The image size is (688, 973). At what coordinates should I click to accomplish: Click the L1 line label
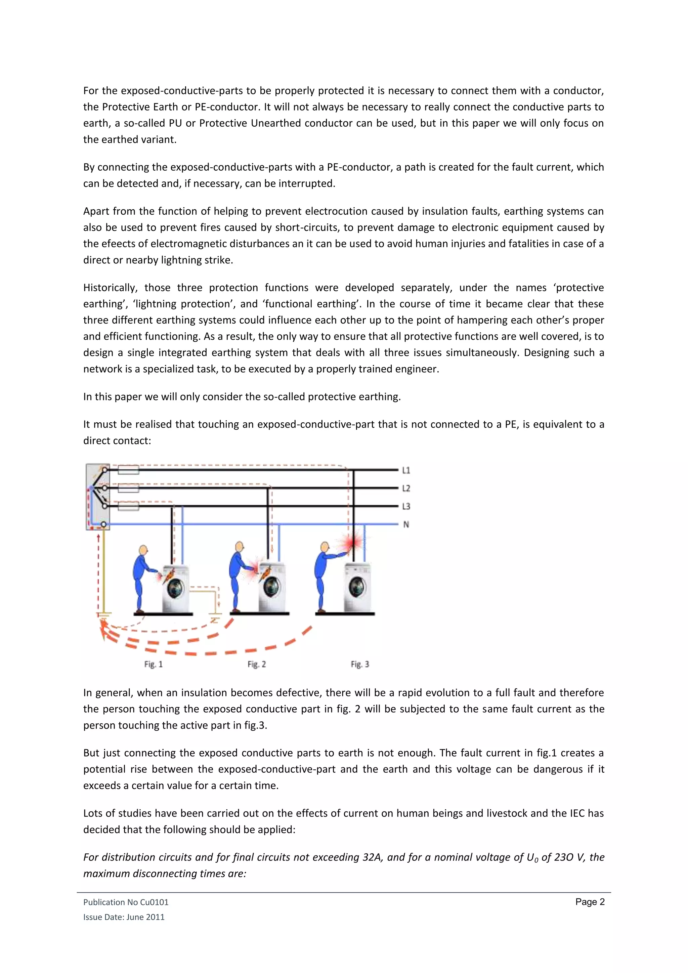[x=406, y=470]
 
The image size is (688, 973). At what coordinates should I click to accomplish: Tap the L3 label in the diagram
[x=406, y=506]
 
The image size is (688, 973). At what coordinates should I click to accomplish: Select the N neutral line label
[x=406, y=525]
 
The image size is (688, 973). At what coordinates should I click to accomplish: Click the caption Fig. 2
[x=257, y=664]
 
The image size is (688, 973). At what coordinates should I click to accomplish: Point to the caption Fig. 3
[x=360, y=664]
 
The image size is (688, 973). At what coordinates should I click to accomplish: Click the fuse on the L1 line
[x=128, y=470]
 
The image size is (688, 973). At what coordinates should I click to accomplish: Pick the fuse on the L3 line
[x=128, y=506]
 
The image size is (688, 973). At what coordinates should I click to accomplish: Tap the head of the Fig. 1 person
[x=143, y=550]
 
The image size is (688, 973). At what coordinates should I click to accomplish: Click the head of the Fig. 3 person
[x=325, y=547]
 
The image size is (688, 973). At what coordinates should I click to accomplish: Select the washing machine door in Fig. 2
[x=271, y=587]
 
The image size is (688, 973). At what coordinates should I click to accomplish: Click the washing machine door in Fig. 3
[x=357, y=587]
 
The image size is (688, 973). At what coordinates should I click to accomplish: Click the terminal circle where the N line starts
[x=103, y=525]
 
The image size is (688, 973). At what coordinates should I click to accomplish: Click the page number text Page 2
[x=590, y=902]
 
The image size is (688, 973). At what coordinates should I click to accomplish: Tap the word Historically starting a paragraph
[x=110, y=288]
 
